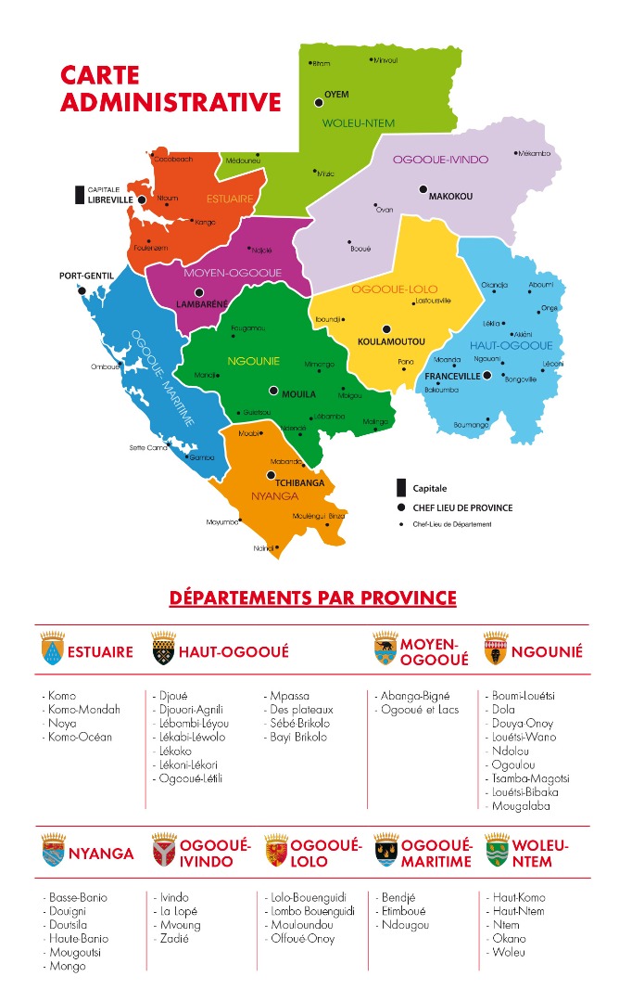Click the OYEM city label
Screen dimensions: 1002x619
(x=335, y=95)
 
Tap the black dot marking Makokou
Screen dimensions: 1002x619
(x=422, y=189)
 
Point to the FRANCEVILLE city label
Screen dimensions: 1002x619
(x=452, y=377)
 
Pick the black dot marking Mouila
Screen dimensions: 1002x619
(x=273, y=391)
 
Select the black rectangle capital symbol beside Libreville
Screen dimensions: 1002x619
(x=81, y=195)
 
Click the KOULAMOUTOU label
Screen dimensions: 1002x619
(x=386, y=341)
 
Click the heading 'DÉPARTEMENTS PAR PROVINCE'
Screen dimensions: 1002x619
(x=312, y=597)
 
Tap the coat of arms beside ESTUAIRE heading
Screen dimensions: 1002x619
(x=52, y=650)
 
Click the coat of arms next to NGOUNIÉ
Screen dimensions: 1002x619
(x=496, y=650)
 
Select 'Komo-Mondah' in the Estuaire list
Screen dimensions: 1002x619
(x=82, y=710)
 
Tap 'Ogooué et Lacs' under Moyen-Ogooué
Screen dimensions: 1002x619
(x=419, y=710)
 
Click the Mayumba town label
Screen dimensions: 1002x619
(x=222, y=522)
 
